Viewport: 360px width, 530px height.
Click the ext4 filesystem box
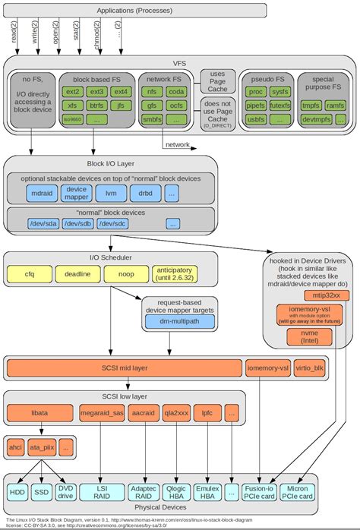pyautogui.click(x=120, y=92)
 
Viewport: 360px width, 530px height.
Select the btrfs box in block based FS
pyautogui.click(x=96, y=106)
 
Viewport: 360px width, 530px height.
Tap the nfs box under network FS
pyautogui.click(x=151, y=92)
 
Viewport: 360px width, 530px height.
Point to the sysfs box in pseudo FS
pyautogui.click(x=279, y=91)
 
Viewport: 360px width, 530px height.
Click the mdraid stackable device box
pyautogui.click(x=42, y=194)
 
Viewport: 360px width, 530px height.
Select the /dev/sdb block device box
pyautogui.click(x=78, y=224)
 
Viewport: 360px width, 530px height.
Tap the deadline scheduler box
pyautogui.click(x=78, y=273)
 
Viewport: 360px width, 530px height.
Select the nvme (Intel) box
pyautogui.click(x=309, y=335)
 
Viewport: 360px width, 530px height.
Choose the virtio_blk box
pyautogui.click(x=312, y=368)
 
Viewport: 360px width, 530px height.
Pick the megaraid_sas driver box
pyautogui.click(x=101, y=414)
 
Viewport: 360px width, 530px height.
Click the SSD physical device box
pyautogui.click(x=42, y=492)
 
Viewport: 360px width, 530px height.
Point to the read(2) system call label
pyautogui.click(x=14, y=33)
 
